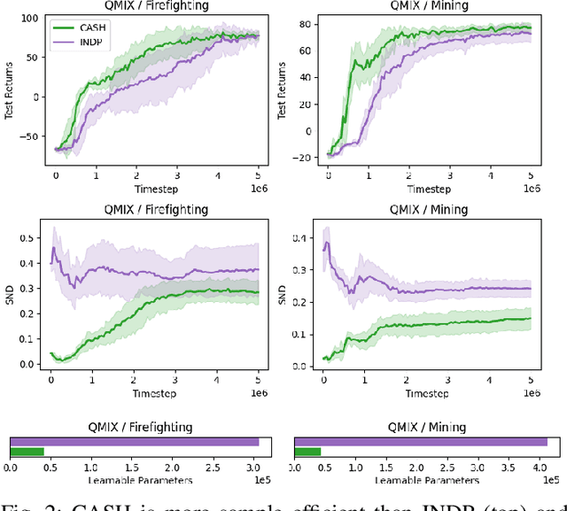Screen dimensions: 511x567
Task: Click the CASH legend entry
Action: [87, 27]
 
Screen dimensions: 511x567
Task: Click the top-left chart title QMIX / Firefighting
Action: [158, 4]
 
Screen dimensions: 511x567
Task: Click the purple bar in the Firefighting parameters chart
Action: [134, 441]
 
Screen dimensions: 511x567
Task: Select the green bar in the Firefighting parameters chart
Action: [27, 452]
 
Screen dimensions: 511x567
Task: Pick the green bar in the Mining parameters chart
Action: [307, 452]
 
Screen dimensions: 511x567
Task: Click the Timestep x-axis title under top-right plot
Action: [425, 189]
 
